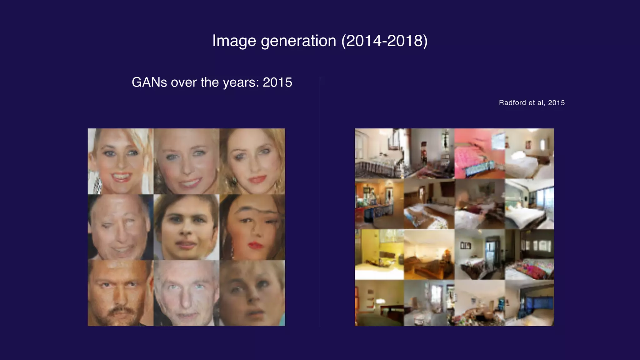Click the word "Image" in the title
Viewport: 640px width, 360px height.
coord(234,41)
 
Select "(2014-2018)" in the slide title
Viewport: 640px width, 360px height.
coord(384,41)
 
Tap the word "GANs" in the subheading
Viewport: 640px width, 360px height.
coord(149,82)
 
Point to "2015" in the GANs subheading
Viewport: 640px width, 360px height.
coord(277,82)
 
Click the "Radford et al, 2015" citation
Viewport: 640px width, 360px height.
coord(532,103)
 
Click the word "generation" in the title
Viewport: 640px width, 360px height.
coord(298,41)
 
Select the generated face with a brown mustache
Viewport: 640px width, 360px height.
coord(120,293)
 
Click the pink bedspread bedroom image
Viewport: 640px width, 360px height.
coord(479,153)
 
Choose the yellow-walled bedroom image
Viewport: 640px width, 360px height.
coord(379,254)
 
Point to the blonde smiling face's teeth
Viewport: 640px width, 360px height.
coord(121,177)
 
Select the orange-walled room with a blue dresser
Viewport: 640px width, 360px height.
coord(379,204)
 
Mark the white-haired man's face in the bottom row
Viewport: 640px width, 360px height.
coord(186,293)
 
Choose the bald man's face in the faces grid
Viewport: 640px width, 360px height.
coord(120,227)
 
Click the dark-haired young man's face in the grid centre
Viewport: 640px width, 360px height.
coord(186,227)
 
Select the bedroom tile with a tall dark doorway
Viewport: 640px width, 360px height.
coord(479,254)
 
